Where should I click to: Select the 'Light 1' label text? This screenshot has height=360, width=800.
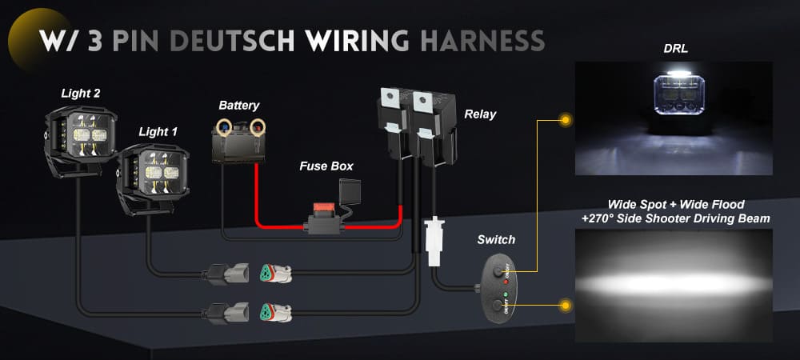pos(159,131)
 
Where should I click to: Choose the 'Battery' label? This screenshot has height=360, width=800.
pos(239,105)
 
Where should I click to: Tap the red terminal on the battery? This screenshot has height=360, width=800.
pos(258,125)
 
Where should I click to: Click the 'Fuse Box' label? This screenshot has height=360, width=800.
pos(326,166)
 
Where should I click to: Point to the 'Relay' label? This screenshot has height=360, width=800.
pos(480,114)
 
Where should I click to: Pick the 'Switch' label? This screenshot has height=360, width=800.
pos(496,239)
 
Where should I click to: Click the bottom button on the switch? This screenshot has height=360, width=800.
pos(501,305)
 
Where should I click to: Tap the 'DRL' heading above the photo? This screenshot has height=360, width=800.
pos(676,49)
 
